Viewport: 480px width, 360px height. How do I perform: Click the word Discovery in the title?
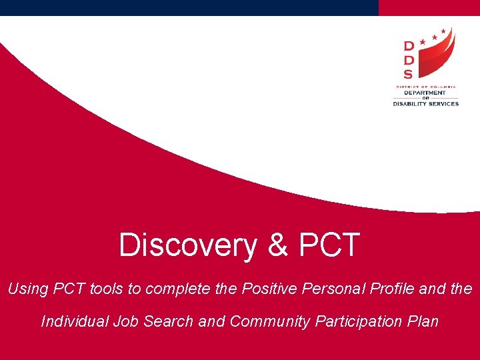click(187, 245)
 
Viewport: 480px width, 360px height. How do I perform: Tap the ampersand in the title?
click(278, 245)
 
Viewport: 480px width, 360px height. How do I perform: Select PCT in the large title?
click(330, 245)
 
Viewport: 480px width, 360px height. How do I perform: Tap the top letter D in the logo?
click(409, 46)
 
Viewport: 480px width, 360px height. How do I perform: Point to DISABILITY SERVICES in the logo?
click(425, 103)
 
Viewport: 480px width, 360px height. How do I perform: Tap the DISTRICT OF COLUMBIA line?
click(425, 86)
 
